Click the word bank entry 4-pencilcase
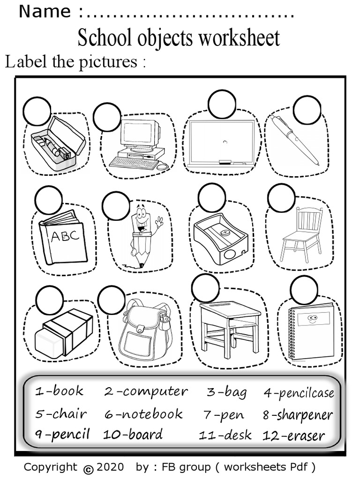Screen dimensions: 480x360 299,393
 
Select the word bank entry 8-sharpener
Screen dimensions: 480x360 297,415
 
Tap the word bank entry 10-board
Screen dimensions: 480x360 133,434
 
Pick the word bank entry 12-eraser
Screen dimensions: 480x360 293,435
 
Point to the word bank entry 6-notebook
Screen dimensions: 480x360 143,414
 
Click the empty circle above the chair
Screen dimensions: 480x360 281,197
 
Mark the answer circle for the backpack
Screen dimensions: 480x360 112,300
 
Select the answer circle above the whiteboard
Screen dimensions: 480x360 222,104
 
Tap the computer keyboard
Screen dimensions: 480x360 134,163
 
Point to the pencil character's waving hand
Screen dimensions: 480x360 159,221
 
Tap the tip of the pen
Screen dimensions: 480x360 318,164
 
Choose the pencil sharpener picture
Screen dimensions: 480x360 220,237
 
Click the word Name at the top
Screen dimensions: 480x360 45,11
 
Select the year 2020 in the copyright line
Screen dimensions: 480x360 111,467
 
